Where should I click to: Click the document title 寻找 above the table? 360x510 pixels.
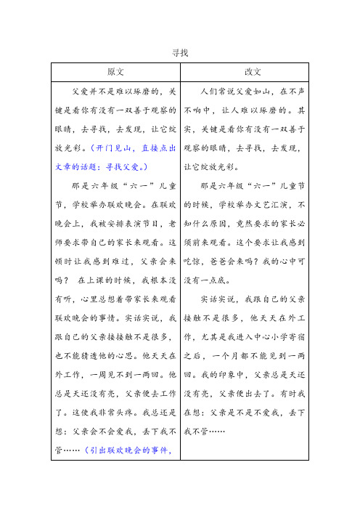pyautogui.click(x=180, y=52)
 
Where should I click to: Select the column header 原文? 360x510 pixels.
pyautogui.click(x=115, y=72)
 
